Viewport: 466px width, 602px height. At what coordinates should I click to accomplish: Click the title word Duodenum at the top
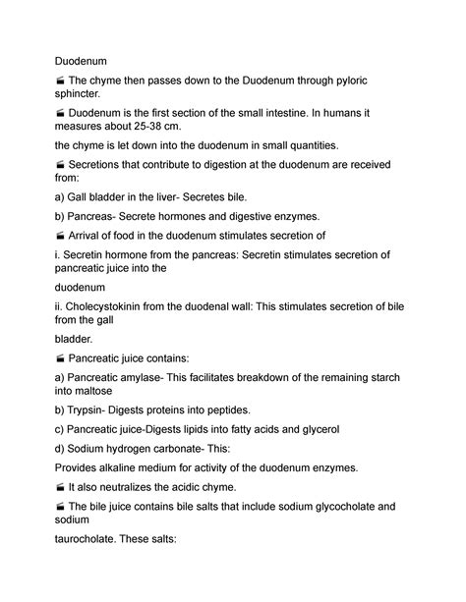[82, 59]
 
